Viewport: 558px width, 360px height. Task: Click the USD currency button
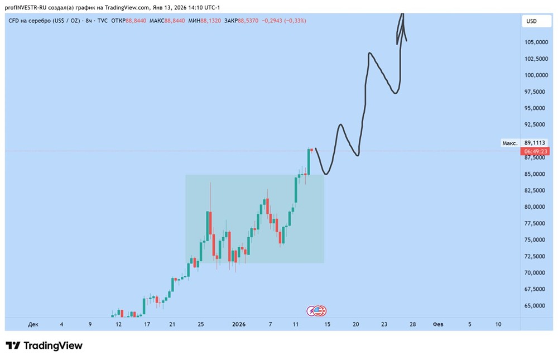click(x=531, y=21)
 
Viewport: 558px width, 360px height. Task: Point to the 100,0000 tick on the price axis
click(x=536, y=75)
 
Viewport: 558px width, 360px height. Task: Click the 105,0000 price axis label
click(x=536, y=42)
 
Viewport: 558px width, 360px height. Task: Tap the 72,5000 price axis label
click(x=536, y=256)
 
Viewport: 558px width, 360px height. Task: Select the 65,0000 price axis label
click(x=536, y=306)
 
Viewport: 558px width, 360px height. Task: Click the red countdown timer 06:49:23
click(x=535, y=151)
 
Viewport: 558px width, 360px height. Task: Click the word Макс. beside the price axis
click(x=510, y=143)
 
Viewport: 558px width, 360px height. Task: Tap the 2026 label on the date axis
click(x=239, y=324)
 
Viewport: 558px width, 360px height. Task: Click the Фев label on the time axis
click(x=439, y=324)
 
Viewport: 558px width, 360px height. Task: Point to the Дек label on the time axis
click(x=33, y=324)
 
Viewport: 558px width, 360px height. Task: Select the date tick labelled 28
click(x=412, y=324)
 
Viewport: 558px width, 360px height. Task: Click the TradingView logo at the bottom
click(x=44, y=345)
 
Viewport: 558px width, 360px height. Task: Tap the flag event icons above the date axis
click(x=317, y=311)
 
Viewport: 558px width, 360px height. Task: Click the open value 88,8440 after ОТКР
click(x=137, y=21)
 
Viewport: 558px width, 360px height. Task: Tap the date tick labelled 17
click(x=147, y=324)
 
